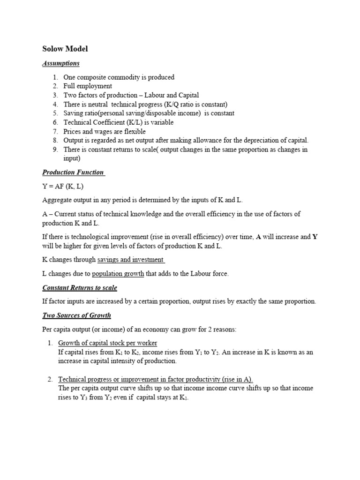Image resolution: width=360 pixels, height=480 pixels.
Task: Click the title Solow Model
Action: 65,49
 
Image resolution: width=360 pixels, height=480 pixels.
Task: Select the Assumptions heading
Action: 61,63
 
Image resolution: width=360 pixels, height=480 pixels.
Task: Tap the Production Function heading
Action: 73,172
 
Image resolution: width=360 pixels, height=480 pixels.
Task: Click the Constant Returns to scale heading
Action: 80,287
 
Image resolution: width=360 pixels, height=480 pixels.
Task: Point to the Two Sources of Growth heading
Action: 76,315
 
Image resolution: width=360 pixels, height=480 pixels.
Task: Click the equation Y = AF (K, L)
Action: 63,186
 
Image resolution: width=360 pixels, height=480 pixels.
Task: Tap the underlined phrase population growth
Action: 118,274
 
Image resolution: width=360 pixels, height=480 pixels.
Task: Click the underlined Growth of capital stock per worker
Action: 108,343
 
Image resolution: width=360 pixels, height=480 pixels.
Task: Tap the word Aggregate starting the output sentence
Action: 57,200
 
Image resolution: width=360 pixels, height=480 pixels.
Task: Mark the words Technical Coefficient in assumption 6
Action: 91,122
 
